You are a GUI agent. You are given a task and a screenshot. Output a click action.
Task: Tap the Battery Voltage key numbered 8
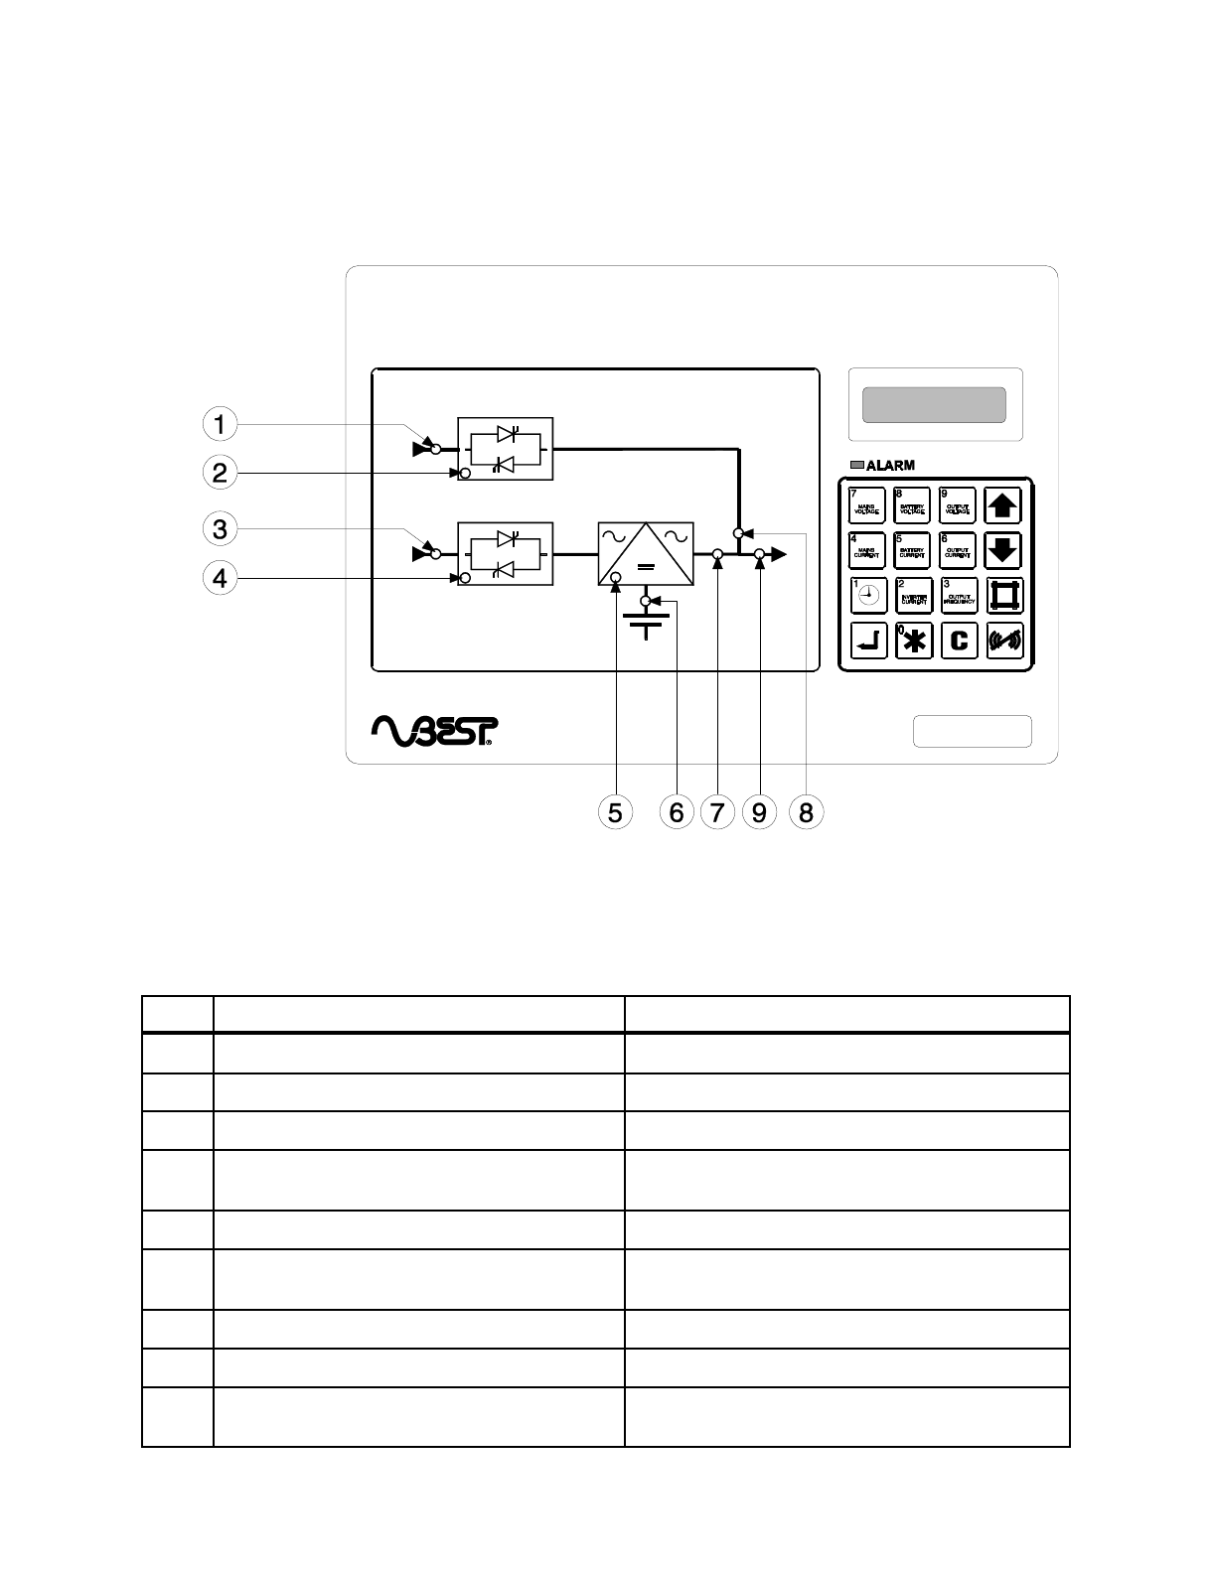912,505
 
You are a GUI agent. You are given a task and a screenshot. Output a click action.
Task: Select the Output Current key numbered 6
958,550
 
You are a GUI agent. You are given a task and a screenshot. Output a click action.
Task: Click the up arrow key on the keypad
1003,505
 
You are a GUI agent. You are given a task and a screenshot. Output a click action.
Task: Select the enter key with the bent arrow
867,642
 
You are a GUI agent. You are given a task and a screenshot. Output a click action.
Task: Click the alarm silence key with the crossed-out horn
1003,642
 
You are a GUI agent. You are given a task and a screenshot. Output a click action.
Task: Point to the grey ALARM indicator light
857,465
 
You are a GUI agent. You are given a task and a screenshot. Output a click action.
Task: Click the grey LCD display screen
934,405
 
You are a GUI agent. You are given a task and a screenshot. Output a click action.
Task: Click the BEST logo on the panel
434,730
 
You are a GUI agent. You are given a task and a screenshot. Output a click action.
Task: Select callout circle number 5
616,812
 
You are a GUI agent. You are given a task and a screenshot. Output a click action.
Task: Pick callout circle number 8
806,812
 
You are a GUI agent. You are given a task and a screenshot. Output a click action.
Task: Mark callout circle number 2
220,473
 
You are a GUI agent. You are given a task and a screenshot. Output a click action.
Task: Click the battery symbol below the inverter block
646,624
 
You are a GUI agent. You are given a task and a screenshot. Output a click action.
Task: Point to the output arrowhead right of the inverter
779,554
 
